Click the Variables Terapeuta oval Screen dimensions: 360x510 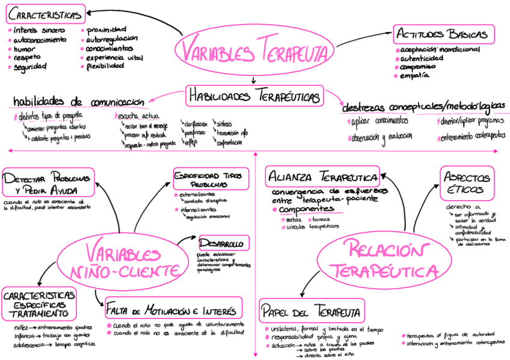(x=254, y=50)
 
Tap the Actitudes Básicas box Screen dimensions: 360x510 (x=444, y=34)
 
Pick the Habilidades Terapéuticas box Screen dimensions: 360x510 (x=254, y=95)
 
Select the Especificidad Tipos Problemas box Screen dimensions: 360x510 (x=210, y=178)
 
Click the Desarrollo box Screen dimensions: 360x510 (x=222, y=244)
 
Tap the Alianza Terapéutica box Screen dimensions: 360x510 (x=323, y=177)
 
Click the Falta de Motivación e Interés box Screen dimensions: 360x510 (x=173, y=310)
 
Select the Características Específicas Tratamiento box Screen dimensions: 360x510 (x=40, y=304)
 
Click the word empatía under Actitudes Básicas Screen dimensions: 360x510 (x=415, y=76)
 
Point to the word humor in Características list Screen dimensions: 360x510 (x=25, y=49)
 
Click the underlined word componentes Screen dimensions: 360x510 (x=306, y=209)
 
